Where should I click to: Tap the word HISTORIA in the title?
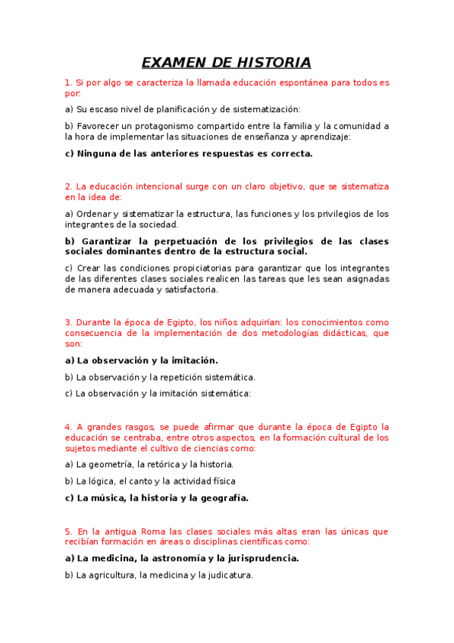coord(274,62)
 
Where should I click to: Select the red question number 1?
coord(67,83)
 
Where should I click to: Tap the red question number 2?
coord(67,187)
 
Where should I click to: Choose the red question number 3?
coord(67,322)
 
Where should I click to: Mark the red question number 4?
coord(67,427)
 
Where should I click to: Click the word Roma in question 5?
coord(139,532)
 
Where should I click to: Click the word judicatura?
coord(224,575)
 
